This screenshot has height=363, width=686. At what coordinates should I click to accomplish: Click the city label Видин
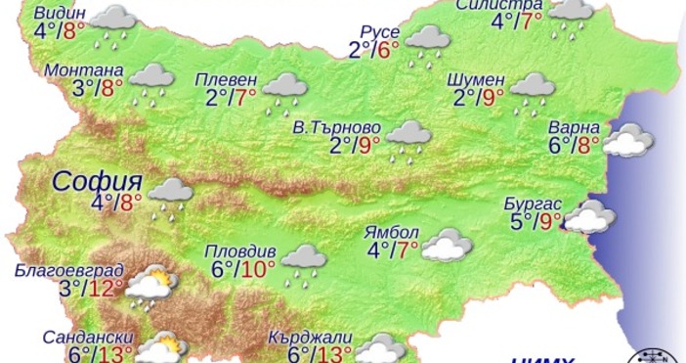[60, 13]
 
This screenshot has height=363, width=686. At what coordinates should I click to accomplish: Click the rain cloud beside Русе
[427, 40]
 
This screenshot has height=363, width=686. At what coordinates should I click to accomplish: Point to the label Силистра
[498, 4]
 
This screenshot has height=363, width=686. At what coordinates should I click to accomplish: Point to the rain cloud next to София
[170, 193]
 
